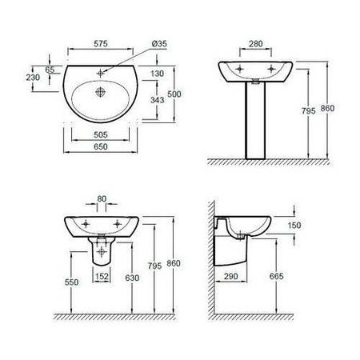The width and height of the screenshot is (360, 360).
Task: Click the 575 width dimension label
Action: tap(101, 44)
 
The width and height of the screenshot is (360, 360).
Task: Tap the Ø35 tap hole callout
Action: tap(159, 43)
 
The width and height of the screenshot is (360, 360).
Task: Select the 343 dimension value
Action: tap(158, 100)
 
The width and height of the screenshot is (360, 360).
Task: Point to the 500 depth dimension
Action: tap(174, 94)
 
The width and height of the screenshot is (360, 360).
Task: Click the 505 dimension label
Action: tap(101, 135)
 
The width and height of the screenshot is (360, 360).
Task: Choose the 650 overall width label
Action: tap(101, 146)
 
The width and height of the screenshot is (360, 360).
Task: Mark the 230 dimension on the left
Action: tap(33, 78)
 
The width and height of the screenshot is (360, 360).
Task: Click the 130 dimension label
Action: tap(158, 74)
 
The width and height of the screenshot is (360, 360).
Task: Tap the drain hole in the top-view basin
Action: tap(101, 92)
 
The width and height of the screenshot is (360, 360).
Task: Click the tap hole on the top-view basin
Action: tap(101, 73)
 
